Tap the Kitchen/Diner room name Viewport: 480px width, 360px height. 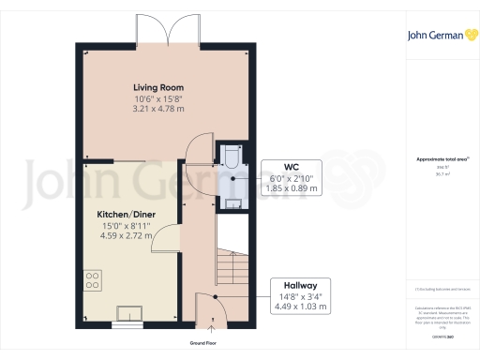pyautogui.click(x=127, y=215)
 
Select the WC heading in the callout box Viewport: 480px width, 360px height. pyautogui.click(x=292, y=164)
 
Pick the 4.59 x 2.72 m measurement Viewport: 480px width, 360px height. pyautogui.click(x=127, y=237)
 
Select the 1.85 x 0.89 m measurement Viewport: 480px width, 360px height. pyautogui.click(x=292, y=187)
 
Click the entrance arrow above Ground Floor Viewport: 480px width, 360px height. pyautogui.click(x=211, y=328)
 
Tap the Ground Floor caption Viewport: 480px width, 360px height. pyautogui.click(x=211, y=343)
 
